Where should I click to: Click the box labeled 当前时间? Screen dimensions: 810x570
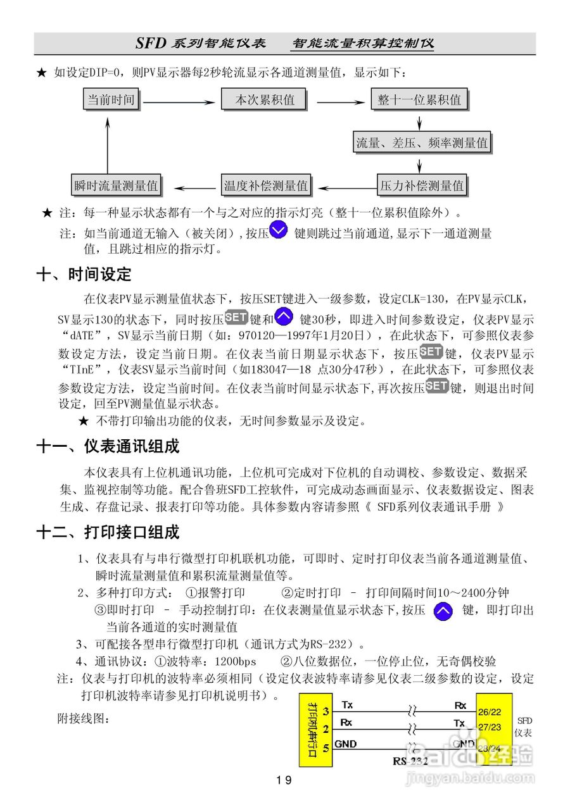(x=112, y=100)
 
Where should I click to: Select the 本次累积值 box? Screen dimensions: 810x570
(x=265, y=100)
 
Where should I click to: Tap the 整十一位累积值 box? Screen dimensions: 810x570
(x=419, y=100)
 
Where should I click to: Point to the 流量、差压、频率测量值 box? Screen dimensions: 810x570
(x=422, y=143)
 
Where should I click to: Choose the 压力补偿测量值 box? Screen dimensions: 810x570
(x=422, y=186)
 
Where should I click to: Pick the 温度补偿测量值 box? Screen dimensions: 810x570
(x=266, y=186)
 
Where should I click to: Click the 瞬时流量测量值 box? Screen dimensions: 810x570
(x=116, y=186)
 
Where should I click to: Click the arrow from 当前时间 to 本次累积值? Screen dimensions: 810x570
(x=180, y=101)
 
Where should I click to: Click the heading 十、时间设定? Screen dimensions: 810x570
(x=84, y=275)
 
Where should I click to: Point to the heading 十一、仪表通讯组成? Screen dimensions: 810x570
(x=108, y=447)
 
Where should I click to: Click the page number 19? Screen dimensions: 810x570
(x=284, y=780)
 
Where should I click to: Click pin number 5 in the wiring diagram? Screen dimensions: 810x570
(x=326, y=748)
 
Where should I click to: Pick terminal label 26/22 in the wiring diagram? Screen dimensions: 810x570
(x=490, y=712)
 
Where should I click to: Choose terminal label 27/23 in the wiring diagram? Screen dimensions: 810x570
(x=490, y=727)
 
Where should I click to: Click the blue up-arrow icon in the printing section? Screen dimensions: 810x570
(x=443, y=611)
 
